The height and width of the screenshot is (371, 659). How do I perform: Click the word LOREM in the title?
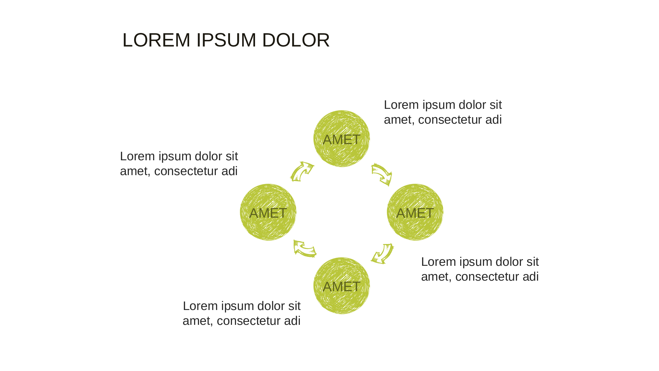(156, 40)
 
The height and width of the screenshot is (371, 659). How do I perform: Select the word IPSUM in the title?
(226, 40)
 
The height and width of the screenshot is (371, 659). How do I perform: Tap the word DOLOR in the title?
(296, 40)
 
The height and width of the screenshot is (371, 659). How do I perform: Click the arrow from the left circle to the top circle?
(302, 171)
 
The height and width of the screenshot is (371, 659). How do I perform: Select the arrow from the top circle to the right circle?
(382, 174)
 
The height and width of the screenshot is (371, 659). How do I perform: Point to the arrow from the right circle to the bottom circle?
(383, 254)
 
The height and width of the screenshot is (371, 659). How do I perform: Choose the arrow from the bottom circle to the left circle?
(305, 249)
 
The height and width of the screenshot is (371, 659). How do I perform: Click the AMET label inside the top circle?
(341, 140)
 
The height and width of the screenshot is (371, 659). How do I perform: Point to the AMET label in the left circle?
(268, 213)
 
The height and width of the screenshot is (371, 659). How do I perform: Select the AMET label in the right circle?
(415, 213)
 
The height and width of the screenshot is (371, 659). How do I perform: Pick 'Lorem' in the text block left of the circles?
(137, 156)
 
